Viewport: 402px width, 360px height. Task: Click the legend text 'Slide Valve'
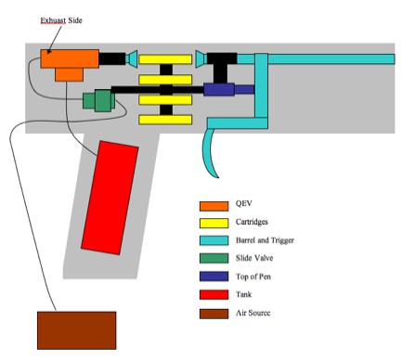[254, 259]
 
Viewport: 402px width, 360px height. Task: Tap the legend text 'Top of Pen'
[254, 276]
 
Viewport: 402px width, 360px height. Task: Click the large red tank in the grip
[110, 196]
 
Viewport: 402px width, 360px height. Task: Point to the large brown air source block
[76, 330]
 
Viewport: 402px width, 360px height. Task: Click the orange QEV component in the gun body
[69, 60]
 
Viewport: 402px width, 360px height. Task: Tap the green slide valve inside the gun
[96, 99]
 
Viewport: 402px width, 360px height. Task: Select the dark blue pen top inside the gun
[219, 90]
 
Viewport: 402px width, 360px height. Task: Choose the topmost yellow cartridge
[165, 59]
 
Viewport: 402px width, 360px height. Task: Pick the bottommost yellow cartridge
[165, 120]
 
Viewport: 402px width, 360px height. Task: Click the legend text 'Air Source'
[253, 314]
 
